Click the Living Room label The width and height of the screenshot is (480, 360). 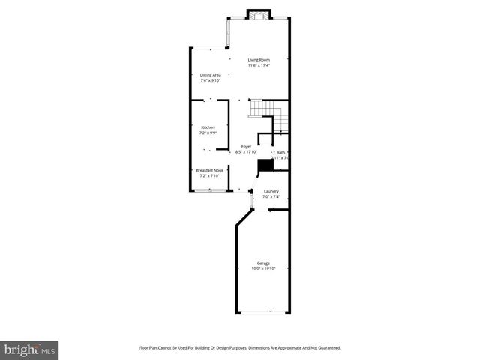(x=259, y=59)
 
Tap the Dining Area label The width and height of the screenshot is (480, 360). (x=210, y=74)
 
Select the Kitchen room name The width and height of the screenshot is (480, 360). (x=208, y=127)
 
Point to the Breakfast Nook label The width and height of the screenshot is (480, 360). (x=210, y=170)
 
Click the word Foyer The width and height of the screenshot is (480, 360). (x=246, y=146)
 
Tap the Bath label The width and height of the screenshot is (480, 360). (x=280, y=152)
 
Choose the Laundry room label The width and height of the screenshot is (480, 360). (x=271, y=191)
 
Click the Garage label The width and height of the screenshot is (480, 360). (x=263, y=262)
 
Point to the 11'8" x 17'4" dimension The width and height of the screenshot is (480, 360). (x=259, y=65)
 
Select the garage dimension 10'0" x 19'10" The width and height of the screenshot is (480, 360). (x=263, y=268)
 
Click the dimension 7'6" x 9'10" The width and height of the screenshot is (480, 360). (x=210, y=80)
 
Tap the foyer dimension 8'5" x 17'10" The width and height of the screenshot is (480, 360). (x=246, y=152)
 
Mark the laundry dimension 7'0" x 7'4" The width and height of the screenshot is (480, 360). (x=271, y=197)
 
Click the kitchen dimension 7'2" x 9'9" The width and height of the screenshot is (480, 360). (x=208, y=133)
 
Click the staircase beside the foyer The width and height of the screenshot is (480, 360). (x=268, y=112)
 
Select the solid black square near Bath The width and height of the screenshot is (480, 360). (x=265, y=166)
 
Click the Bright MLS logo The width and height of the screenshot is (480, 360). (x=30, y=349)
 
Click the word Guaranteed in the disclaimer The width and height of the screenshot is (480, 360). (x=327, y=348)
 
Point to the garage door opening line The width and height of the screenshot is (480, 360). (x=262, y=311)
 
